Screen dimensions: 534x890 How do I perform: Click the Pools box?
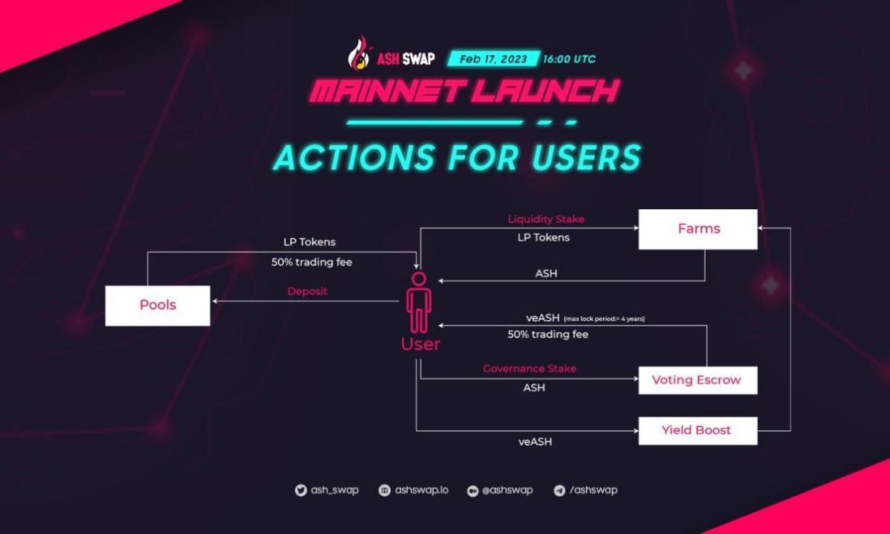[157, 305]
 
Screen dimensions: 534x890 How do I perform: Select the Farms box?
[698, 228]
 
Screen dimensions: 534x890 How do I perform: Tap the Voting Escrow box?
[697, 380]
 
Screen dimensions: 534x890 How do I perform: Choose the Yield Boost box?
[697, 430]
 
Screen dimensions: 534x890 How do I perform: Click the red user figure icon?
[419, 303]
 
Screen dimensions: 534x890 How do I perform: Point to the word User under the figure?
[421, 344]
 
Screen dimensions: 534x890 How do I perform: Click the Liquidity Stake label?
[546, 220]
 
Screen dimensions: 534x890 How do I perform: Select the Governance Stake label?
[530, 369]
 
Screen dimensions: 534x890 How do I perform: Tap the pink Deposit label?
[307, 291]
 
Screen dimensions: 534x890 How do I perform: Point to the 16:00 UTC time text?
[569, 59]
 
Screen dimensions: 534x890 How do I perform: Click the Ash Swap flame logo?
[359, 52]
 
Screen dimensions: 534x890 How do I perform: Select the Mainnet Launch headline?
[464, 92]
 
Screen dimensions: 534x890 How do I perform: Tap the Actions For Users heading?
[457, 158]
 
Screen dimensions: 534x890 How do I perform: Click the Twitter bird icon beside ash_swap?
[300, 490]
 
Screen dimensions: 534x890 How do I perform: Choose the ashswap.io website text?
[421, 490]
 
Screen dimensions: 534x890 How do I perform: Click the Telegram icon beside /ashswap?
[559, 490]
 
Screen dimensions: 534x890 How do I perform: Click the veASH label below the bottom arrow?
[535, 442]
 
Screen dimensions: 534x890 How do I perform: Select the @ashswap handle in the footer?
[507, 490]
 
